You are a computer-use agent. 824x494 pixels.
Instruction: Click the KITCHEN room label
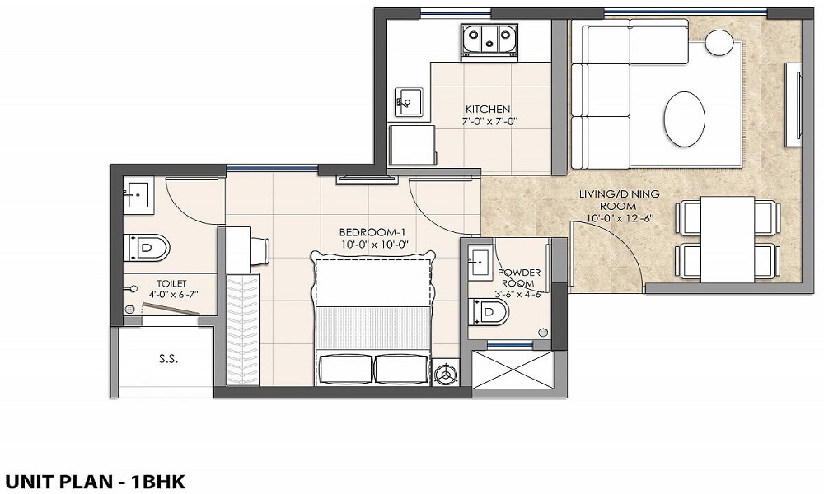click(x=488, y=109)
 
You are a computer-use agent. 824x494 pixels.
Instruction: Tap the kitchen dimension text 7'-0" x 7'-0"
click(x=488, y=121)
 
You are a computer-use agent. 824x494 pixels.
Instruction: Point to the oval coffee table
click(x=685, y=119)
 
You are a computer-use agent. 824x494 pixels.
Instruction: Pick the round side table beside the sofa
click(x=719, y=42)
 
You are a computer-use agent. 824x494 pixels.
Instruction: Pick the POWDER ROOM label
click(x=519, y=278)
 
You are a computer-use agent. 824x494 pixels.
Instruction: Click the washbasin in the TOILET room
click(x=137, y=196)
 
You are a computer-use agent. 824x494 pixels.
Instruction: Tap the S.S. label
click(x=168, y=359)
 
